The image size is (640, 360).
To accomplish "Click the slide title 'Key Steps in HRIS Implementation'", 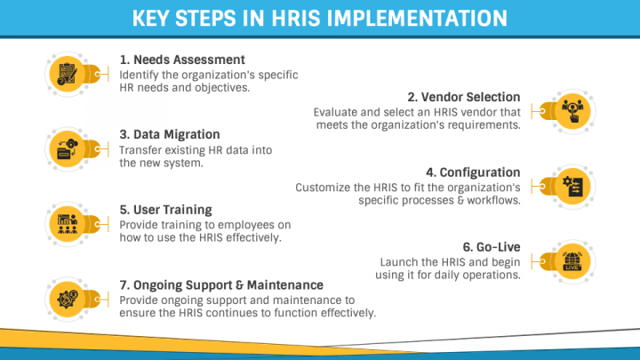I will (x=320, y=18).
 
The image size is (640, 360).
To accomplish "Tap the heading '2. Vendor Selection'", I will (x=464, y=97).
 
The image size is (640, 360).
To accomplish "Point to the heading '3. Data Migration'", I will (x=164, y=135).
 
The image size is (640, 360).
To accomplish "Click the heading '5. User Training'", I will (x=165, y=210).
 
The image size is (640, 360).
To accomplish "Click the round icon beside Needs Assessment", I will (x=67, y=74).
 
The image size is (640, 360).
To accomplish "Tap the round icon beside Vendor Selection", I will (x=573, y=111).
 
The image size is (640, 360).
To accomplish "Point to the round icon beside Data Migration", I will (x=67, y=148).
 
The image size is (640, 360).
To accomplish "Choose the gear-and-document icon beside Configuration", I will (x=573, y=186).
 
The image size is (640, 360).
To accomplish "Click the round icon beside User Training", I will (x=67, y=222).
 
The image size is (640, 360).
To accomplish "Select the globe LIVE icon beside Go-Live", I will (x=573, y=260).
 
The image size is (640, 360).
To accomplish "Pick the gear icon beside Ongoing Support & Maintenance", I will (x=67, y=298).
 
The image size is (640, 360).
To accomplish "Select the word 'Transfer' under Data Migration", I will (x=142, y=150).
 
